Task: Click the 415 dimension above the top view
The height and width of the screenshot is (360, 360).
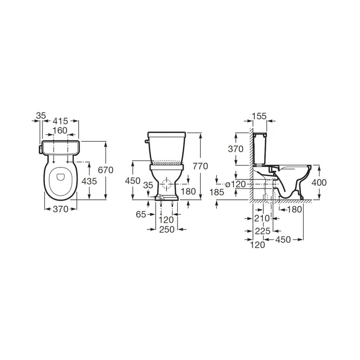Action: tap(60, 121)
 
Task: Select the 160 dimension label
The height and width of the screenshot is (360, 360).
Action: tap(60, 130)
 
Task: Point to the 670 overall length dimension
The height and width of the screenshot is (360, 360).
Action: tap(106, 170)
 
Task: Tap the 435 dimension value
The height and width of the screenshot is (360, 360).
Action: tap(89, 181)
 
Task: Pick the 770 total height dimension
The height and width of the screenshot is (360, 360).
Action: tap(200, 166)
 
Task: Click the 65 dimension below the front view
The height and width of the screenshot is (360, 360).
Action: tap(141, 215)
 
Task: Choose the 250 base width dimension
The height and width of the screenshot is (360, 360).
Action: tap(167, 229)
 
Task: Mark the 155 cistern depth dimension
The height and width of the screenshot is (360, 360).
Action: tap(259, 116)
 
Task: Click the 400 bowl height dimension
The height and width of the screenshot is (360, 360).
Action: tap(319, 183)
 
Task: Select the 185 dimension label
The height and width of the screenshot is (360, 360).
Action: tap(217, 192)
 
